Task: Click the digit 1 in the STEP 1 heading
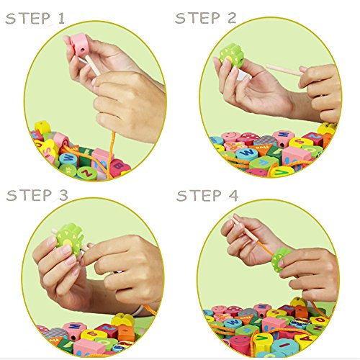(x=61, y=19)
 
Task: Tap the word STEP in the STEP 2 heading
(x=197, y=18)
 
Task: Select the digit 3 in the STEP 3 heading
(x=63, y=195)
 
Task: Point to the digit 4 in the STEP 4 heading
(x=233, y=195)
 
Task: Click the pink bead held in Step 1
(x=78, y=45)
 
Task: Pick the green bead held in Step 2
(x=232, y=55)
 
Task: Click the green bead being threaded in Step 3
(x=70, y=238)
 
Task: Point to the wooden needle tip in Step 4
(x=230, y=216)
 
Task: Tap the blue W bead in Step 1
(x=69, y=158)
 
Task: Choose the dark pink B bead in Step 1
(x=120, y=166)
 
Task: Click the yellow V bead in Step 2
(x=283, y=172)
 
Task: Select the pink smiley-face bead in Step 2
(x=230, y=137)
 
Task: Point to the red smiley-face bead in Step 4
(x=240, y=342)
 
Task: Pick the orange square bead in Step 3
(x=126, y=333)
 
